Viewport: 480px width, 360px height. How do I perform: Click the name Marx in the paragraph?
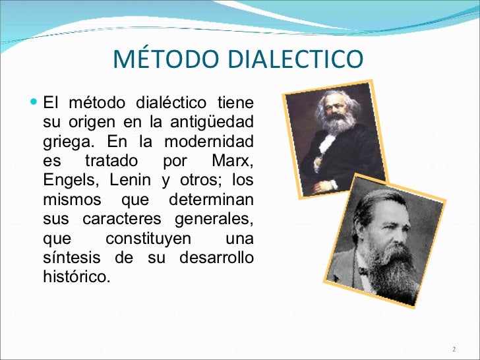(233, 162)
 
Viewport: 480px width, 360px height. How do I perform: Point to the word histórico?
(74, 276)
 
